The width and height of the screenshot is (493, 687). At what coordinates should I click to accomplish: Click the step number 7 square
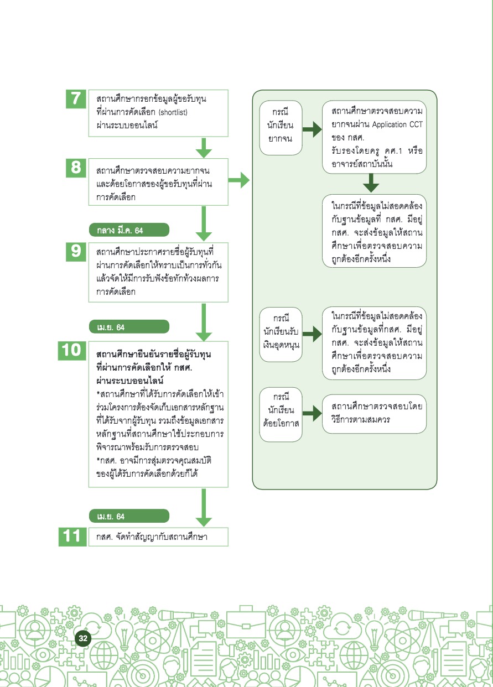pos(76,99)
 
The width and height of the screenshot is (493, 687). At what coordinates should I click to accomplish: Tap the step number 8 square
pos(76,168)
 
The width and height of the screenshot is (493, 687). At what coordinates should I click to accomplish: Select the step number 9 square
pos(76,252)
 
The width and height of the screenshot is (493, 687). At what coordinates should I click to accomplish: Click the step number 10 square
pos(72,351)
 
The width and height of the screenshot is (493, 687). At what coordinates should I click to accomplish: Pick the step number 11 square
pos(72,537)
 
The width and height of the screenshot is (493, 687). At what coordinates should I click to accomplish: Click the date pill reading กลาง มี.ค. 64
pos(129,230)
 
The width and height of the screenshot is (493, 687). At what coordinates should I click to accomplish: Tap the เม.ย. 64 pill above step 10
pos(129,327)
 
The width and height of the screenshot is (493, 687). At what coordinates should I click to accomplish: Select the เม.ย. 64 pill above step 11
pos(129,516)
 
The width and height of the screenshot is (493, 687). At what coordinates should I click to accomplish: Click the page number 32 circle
pos(83,638)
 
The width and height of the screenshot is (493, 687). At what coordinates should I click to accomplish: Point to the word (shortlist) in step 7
pos(173,112)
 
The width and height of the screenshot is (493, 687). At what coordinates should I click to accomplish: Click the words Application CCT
pos(398,124)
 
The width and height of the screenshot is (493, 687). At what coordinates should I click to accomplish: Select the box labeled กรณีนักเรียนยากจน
pos(281,128)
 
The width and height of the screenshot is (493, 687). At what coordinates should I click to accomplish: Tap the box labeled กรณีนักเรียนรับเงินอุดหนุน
pos(281,334)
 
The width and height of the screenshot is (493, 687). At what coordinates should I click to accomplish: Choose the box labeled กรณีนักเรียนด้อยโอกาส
pos(281,414)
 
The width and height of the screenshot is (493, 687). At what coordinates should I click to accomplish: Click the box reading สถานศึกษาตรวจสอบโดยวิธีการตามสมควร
pos(374,414)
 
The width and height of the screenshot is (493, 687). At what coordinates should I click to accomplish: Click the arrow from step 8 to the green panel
pos(239,180)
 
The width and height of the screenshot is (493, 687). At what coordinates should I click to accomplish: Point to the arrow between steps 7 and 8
pos(204,148)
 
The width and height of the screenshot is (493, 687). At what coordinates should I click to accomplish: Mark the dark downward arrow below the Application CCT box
pos(371,183)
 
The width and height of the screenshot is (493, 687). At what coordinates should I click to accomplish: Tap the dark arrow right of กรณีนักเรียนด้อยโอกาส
pos(312,413)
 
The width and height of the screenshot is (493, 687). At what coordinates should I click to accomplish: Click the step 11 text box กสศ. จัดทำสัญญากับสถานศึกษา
pos(158,537)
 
